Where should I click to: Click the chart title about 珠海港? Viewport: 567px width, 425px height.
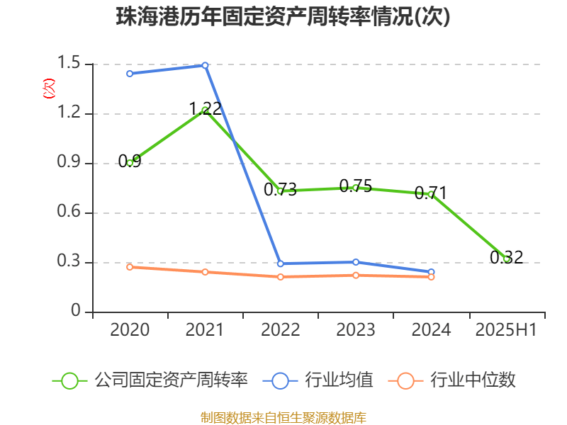(x=283, y=17)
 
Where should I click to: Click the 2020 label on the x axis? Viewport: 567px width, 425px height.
(x=130, y=330)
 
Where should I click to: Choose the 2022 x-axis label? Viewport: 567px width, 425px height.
(x=280, y=330)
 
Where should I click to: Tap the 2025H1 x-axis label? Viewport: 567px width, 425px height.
(x=506, y=330)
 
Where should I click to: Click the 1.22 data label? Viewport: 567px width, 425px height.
(x=205, y=108)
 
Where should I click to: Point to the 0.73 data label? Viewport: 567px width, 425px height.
(x=280, y=190)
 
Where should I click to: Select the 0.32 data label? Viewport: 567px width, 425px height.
(x=506, y=257)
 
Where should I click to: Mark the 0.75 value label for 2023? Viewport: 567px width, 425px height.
(x=355, y=186)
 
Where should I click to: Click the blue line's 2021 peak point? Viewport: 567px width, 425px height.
(x=205, y=65)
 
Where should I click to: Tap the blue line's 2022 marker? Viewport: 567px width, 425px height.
(x=281, y=263)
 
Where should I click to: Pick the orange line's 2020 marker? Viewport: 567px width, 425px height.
(x=130, y=267)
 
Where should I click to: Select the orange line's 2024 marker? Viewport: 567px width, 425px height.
(x=431, y=277)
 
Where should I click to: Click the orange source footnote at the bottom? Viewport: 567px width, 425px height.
(x=283, y=417)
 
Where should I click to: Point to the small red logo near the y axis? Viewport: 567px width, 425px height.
(x=48, y=89)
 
